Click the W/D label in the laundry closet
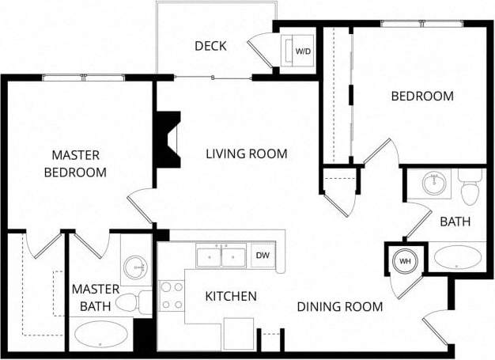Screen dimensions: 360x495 (302, 51)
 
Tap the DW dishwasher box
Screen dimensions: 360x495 (262, 256)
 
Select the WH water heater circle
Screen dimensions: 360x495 (404, 261)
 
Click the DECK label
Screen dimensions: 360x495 (210, 46)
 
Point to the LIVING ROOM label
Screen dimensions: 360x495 (247, 153)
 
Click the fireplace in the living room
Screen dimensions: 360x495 (168, 138)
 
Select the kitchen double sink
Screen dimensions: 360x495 (221, 256)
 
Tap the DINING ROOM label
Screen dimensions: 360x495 (340, 306)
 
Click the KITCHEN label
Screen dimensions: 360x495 (231, 297)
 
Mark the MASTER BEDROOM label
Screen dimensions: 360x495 (75, 163)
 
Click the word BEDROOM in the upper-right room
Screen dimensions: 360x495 (422, 97)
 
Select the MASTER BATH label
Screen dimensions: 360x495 (95, 296)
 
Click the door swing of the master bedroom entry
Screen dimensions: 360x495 (139, 204)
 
